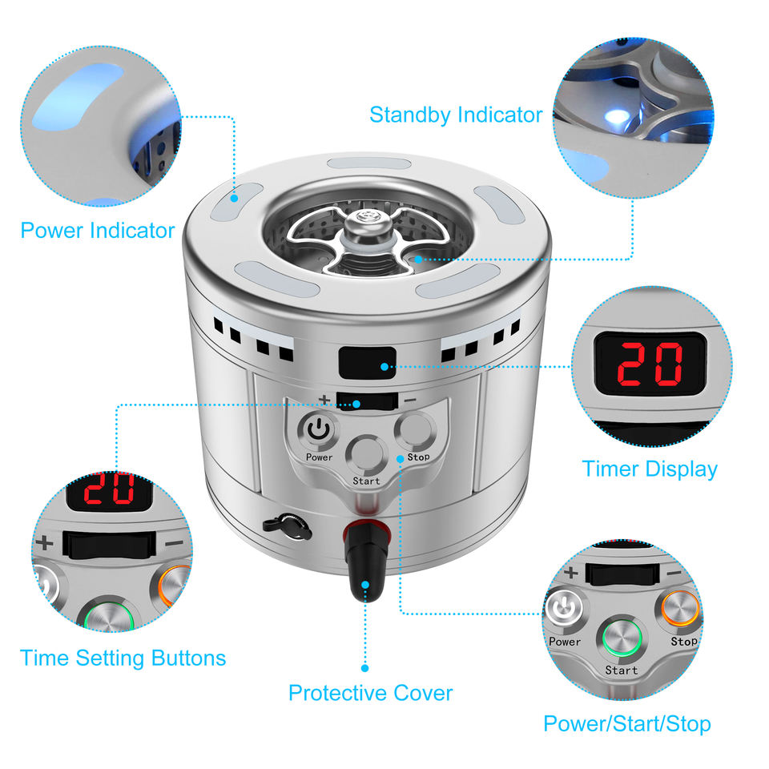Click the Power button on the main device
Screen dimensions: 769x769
click(x=319, y=431)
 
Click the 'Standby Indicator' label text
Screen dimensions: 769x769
click(x=456, y=115)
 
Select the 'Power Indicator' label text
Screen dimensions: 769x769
click(x=98, y=231)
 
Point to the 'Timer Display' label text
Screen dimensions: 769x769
click(x=650, y=469)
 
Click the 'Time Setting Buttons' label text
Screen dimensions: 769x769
click(x=123, y=658)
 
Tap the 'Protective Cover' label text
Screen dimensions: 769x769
click(x=370, y=694)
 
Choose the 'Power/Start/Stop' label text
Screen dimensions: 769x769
click(x=627, y=724)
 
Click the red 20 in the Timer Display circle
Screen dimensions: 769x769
click(x=650, y=364)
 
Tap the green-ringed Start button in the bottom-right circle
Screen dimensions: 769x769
click(x=622, y=638)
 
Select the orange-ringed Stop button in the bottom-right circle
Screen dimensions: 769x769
click(x=680, y=609)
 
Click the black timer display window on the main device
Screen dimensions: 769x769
click(x=368, y=363)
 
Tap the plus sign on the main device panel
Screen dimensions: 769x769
click(x=324, y=399)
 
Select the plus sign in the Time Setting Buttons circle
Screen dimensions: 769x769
click(x=45, y=543)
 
